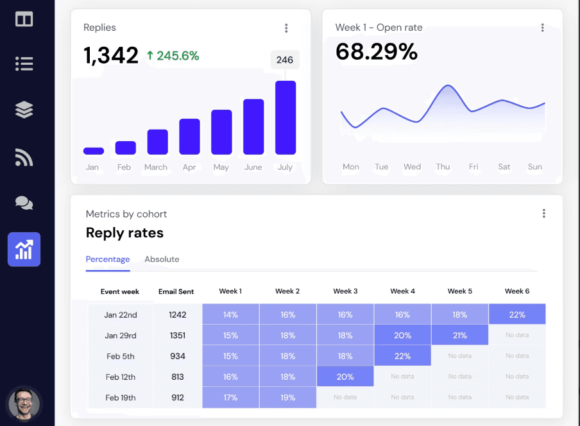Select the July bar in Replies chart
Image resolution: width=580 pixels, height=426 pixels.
pyautogui.click(x=285, y=118)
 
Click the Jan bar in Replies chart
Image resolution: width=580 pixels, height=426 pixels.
pyautogui.click(x=93, y=151)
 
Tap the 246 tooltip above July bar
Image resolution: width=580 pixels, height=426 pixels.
pyautogui.click(x=284, y=60)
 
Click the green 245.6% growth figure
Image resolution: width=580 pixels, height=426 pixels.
pyautogui.click(x=173, y=56)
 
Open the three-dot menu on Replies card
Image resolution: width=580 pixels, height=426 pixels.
pyautogui.click(x=286, y=28)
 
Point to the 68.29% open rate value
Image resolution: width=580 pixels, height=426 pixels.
pyautogui.click(x=377, y=51)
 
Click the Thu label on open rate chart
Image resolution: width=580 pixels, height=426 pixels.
pyautogui.click(x=443, y=167)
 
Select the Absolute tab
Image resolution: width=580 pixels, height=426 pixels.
pyautogui.click(x=162, y=259)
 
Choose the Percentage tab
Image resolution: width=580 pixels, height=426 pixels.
pyautogui.click(x=108, y=259)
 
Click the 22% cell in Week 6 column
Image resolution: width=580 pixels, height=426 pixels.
pyautogui.click(x=517, y=314)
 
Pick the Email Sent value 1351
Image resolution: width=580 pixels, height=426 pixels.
pyautogui.click(x=176, y=336)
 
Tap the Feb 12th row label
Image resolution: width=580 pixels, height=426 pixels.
pyautogui.click(x=121, y=377)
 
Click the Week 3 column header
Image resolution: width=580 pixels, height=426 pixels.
pyautogui.click(x=345, y=291)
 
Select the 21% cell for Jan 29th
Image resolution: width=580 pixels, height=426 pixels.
pyautogui.click(x=459, y=336)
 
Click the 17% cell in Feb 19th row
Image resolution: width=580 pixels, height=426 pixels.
pyautogui.click(x=230, y=397)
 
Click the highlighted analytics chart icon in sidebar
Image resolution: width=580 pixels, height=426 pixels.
pyautogui.click(x=24, y=249)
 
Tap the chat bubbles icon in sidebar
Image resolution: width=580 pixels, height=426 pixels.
pyautogui.click(x=24, y=203)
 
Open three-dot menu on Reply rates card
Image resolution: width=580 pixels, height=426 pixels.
pyautogui.click(x=543, y=214)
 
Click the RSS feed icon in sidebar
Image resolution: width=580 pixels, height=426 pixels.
pyautogui.click(x=24, y=157)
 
